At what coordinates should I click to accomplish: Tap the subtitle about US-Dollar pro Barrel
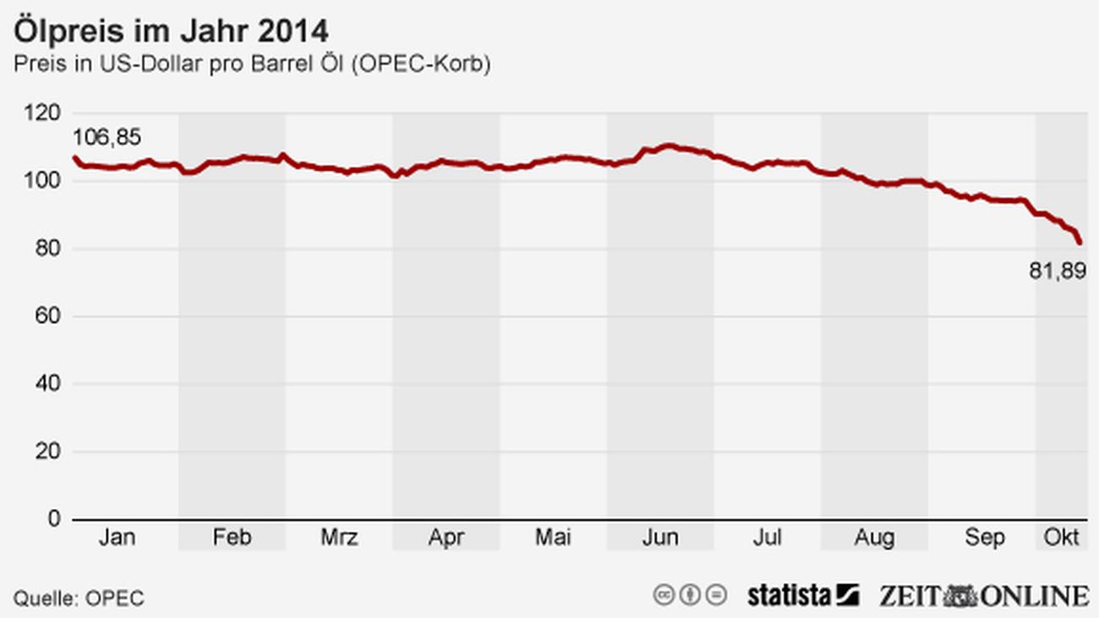(x=251, y=65)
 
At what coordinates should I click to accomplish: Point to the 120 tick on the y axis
(x=43, y=113)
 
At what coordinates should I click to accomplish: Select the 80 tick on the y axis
(x=49, y=249)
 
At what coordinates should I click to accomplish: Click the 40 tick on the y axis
(x=49, y=384)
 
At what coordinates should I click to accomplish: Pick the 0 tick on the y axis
(x=55, y=519)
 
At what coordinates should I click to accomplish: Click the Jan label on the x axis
(x=117, y=538)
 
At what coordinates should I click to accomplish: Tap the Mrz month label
(x=339, y=538)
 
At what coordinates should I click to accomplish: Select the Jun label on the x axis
(x=660, y=538)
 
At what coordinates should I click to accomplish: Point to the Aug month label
(x=874, y=538)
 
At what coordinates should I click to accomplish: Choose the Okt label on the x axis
(x=1062, y=538)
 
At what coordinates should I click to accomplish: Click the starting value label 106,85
(x=107, y=137)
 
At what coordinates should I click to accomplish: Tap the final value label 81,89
(x=1057, y=271)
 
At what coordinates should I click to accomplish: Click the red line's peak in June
(x=669, y=145)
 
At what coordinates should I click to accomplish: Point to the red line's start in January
(x=74, y=157)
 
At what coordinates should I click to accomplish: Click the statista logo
(x=802, y=595)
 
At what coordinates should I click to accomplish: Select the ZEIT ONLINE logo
(x=983, y=595)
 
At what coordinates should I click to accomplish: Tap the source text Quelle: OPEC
(x=78, y=599)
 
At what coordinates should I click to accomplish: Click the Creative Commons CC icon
(x=664, y=595)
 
